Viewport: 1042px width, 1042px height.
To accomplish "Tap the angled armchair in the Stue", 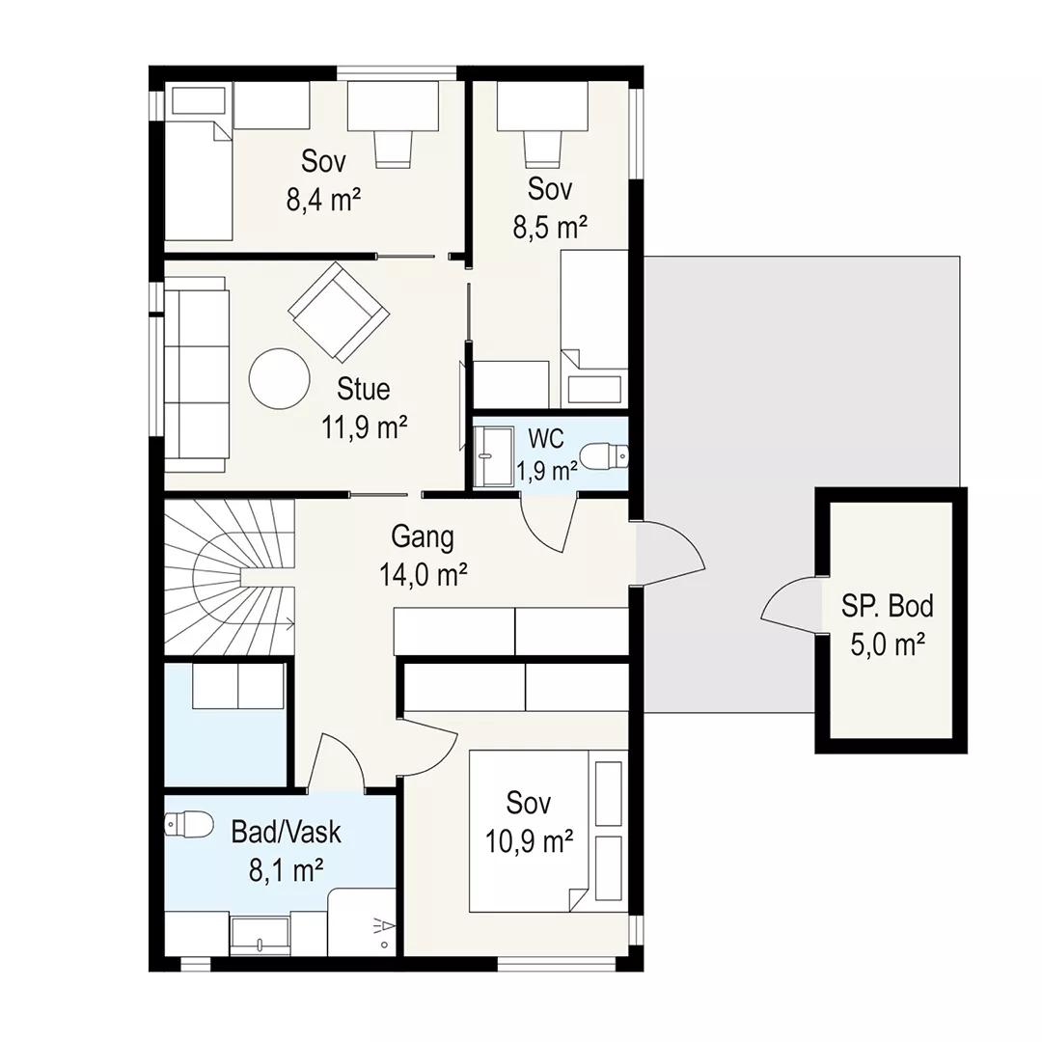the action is [x=339, y=312].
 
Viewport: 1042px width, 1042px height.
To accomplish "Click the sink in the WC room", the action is [x=494, y=455].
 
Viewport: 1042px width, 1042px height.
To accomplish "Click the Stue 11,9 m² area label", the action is [x=364, y=408].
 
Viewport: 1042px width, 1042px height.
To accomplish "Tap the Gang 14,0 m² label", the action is [x=424, y=556].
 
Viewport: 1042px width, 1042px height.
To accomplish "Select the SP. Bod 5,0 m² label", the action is [x=888, y=624].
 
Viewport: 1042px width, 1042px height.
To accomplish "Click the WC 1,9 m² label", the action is [x=547, y=454].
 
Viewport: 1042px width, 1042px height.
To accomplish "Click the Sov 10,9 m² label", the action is [x=529, y=822].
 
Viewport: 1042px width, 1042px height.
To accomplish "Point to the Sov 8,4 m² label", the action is [x=323, y=180].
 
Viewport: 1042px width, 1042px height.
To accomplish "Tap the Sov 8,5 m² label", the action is [x=550, y=208].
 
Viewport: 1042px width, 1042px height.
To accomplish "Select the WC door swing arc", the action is [x=548, y=532].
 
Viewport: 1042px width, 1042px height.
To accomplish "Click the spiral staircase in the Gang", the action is [x=230, y=577].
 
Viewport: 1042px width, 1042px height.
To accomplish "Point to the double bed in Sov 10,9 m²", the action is [x=548, y=832].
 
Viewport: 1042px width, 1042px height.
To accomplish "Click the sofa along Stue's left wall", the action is [x=197, y=374].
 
